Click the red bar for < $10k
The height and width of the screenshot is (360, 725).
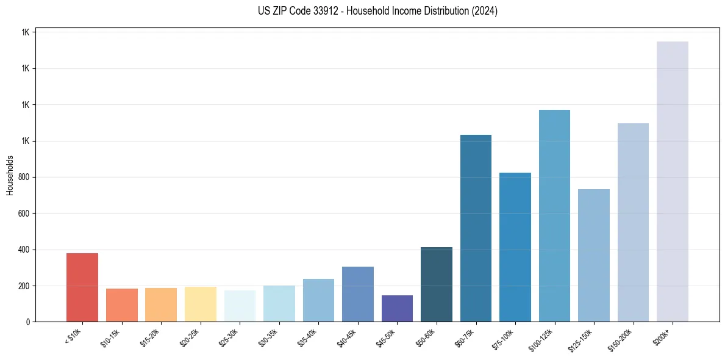pyautogui.click(x=82, y=287)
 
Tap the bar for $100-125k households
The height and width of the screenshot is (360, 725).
pyautogui.click(x=554, y=216)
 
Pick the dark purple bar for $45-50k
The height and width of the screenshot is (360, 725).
pyautogui.click(x=397, y=309)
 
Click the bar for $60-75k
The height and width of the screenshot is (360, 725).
pyautogui.click(x=476, y=228)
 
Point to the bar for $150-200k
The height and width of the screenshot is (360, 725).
pyautogui.click(x=633, y=223)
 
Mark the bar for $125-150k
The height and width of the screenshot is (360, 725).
pyautogui.click(x=594, y=256)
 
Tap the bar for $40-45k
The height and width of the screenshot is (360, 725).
pyautogui.click(x=358, y=294)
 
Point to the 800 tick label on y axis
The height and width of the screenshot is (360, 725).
pyautogui.click(x=24, y=178)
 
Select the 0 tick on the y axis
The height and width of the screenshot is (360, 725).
pyautogui.click(x=28, y=322)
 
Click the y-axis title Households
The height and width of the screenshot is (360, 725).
pyautogui.click(x=10, y=176)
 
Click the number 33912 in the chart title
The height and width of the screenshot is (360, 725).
pyautogui.click(x=321, y=11)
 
